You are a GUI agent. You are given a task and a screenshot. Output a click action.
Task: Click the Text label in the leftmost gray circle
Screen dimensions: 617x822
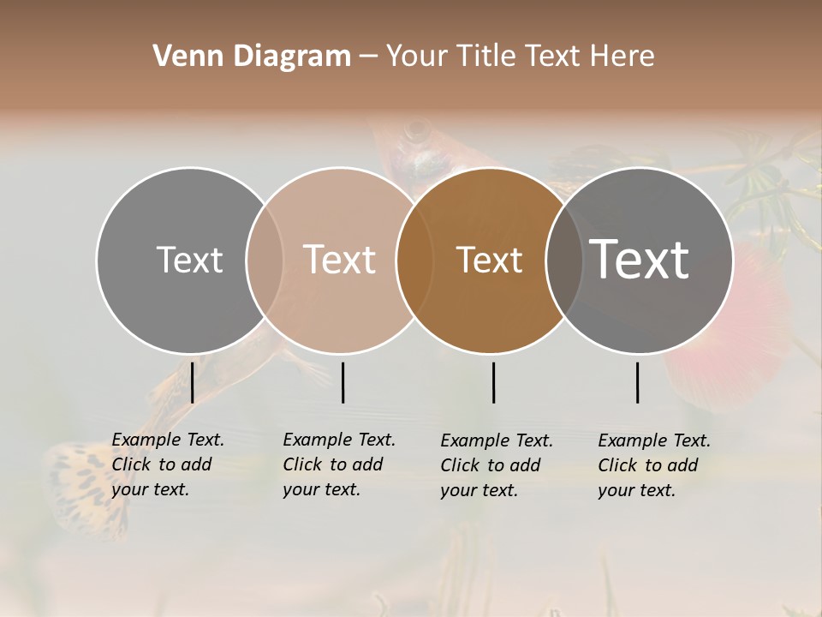point(189,260)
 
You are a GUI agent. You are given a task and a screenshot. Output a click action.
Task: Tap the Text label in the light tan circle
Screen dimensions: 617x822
point(339,260)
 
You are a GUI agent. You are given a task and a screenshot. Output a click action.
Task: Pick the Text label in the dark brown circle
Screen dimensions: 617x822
point(489,260)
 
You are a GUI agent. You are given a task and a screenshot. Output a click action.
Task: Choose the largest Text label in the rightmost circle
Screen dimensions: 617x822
point(640,260)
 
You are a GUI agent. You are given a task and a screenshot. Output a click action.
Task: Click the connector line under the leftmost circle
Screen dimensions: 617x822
point(193,382)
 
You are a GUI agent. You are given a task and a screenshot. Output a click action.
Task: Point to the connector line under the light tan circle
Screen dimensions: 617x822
point(342,382)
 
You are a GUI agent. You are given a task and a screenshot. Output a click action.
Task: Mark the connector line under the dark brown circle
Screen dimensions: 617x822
point(493,382)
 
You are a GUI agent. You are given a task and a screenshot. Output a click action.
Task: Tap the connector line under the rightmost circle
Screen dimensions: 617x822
point(638,382)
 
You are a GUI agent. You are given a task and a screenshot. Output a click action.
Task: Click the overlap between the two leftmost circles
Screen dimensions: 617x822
point(265,260)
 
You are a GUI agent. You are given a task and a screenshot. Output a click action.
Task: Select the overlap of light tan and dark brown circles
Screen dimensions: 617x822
point(413,260)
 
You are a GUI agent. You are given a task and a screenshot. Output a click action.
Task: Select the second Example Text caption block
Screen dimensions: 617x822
point(338,464)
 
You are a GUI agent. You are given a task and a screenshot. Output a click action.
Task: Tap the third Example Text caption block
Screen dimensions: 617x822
point(496,465)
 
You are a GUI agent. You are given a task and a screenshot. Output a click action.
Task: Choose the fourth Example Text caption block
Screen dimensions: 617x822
point(653,465)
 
